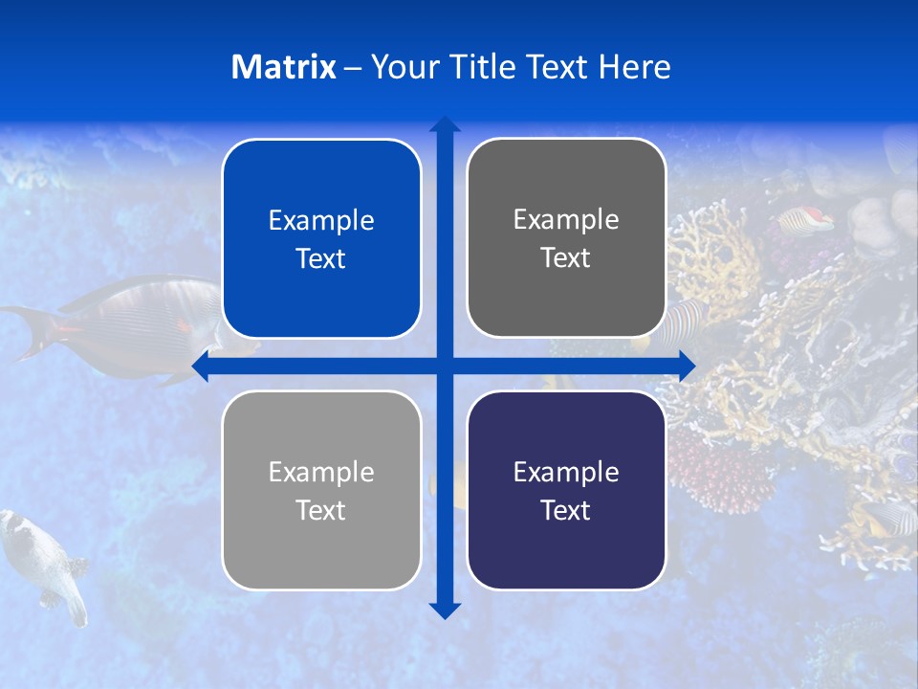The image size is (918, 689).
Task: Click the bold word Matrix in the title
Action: click(283, 67)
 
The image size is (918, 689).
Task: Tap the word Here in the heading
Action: click(634, 67)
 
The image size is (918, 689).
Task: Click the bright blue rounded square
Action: click(321, 238)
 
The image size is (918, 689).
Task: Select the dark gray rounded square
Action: click(566, 237)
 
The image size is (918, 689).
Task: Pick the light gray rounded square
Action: click(321, 490)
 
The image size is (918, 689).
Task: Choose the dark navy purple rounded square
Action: click(566, 490)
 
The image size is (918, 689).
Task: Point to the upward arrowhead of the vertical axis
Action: click(445, 124)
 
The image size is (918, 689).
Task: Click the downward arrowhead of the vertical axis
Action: click(445, 610)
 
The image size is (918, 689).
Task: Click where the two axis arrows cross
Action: click(445, 366)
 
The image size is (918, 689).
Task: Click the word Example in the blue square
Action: click(321, 220)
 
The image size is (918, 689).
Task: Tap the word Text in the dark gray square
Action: click(566, 257)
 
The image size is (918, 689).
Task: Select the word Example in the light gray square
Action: click(321, 472)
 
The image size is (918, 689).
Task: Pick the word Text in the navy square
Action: click(566, 510)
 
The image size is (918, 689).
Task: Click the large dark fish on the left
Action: click(124, 325)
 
